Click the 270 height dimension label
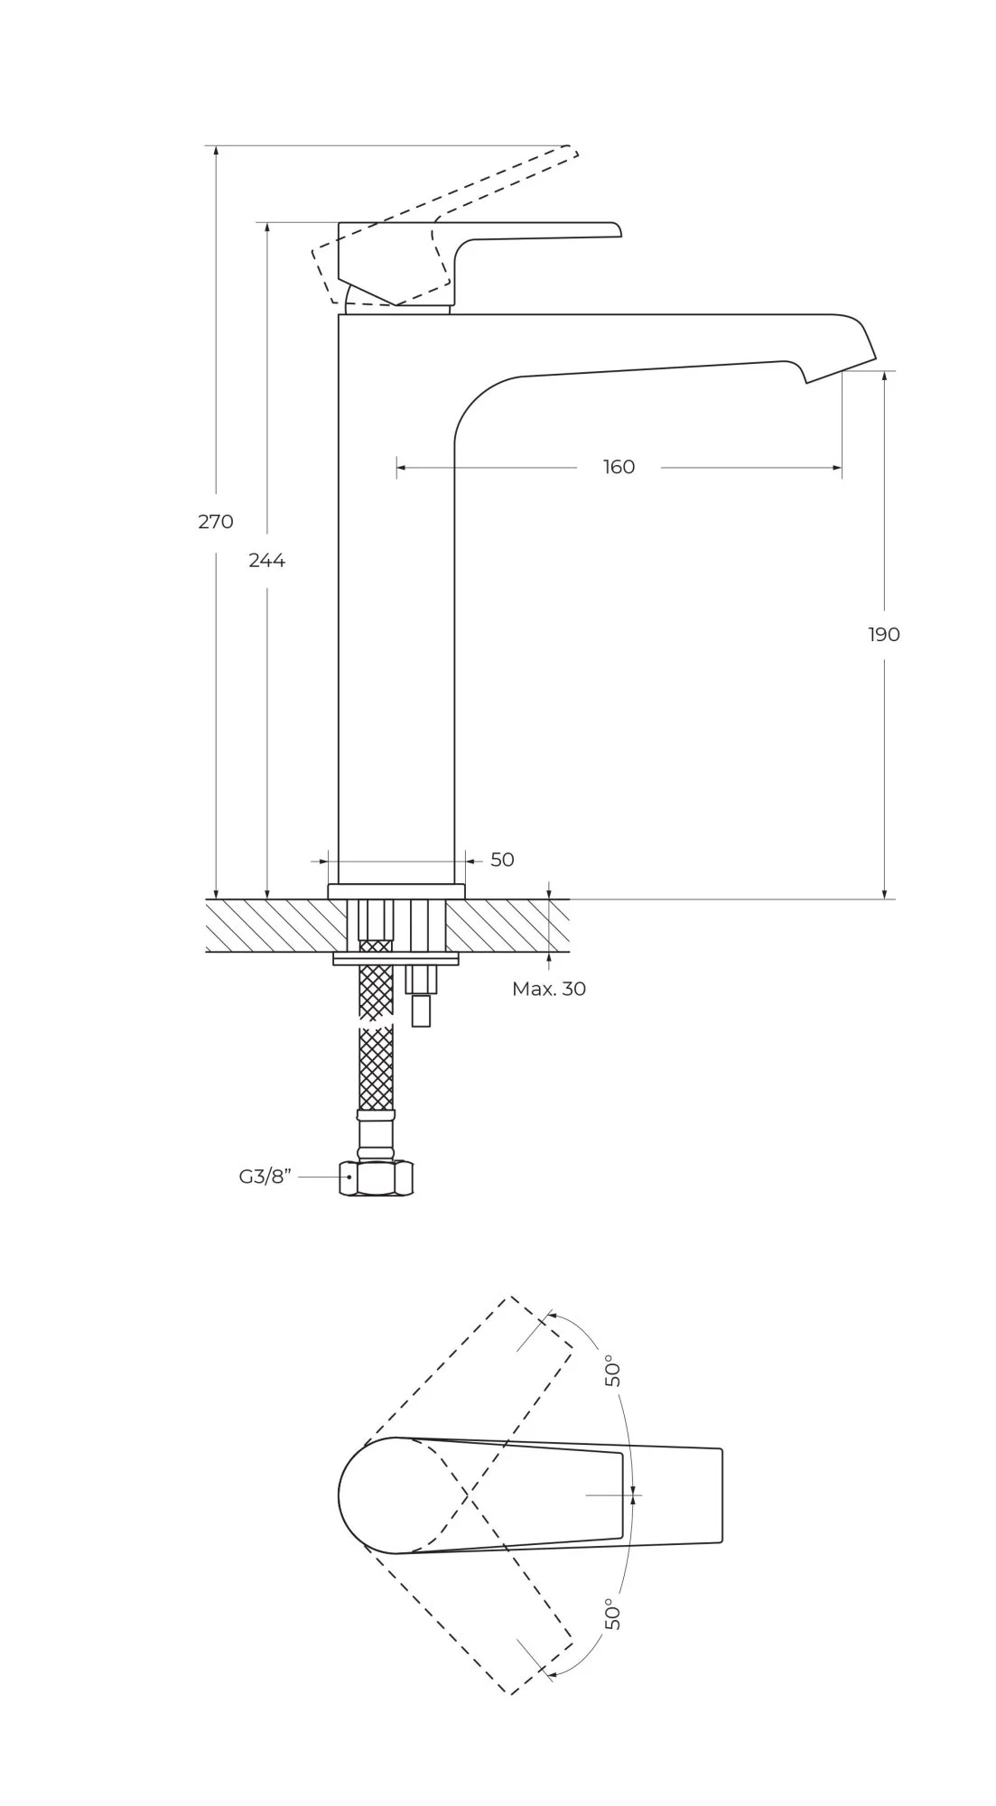click(x=216, y=521)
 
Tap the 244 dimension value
click(x=266, y=561)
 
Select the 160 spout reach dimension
click(x=619, y=467)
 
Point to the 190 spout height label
click(x=884, y=634)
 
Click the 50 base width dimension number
click(x=502, y=860)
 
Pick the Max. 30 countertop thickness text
click(x=549, y=989)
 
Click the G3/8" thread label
click(x=265, y=1177)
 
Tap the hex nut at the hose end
click(x=377, y=1178)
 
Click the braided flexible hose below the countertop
click(x=377, y=1066)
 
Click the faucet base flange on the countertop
click(x=396, y=891)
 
